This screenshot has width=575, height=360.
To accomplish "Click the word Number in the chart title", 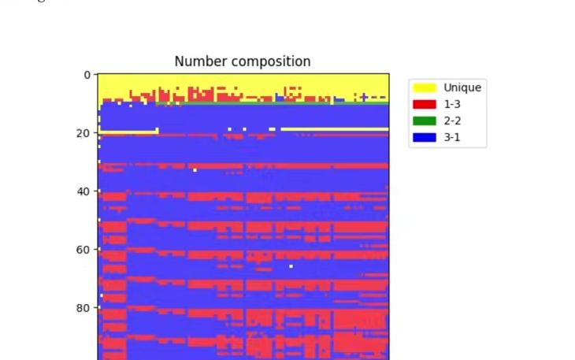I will tap(195, 61).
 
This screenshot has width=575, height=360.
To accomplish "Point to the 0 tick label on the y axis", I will tap(87, 75).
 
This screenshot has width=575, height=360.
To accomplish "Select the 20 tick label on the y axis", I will tap(83, 133).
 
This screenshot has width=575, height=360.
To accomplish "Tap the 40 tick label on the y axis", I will tap(83, 191).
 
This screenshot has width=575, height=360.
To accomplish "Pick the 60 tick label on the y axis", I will tap(83, 250).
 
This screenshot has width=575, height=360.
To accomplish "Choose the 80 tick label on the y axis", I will tap(83, 308).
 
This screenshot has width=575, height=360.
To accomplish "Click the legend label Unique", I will tap(462, 87).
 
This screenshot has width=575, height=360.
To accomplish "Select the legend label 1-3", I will tap(452, 104).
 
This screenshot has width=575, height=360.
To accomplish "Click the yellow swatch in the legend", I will tap(425, 87).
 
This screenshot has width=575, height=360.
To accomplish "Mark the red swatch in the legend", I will tap(425, 104).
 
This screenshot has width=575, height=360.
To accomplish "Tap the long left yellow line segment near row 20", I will tap(126, 132).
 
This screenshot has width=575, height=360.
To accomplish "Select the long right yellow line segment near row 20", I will tap(335, 128).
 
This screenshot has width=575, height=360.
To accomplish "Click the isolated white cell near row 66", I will tap(291, 266).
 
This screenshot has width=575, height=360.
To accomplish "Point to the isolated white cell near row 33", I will tap(195, 169).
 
